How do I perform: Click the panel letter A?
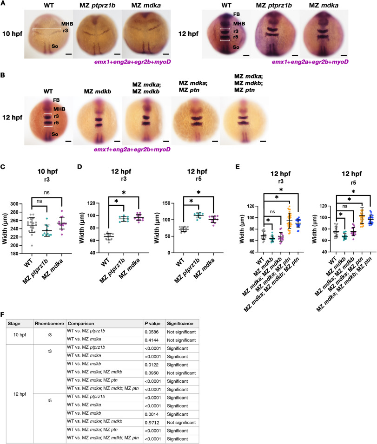[x=3, y=4]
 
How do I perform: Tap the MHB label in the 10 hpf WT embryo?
[x=67, y=23]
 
